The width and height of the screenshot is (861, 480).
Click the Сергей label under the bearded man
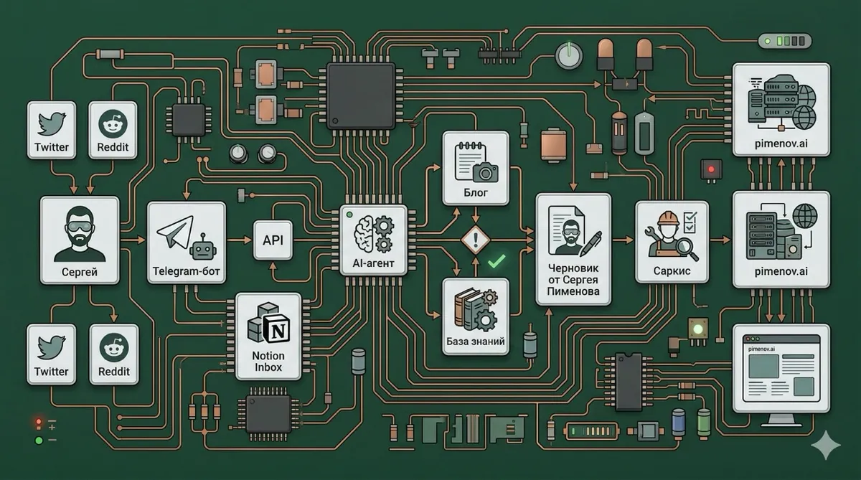click(79, 273)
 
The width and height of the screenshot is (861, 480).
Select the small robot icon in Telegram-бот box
click(203, 248)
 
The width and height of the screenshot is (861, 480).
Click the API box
click(273, 240)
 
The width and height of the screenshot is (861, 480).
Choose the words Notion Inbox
click(268, 362)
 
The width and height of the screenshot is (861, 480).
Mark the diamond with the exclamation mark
click(475, 240)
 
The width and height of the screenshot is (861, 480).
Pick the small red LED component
click(711, 170)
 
